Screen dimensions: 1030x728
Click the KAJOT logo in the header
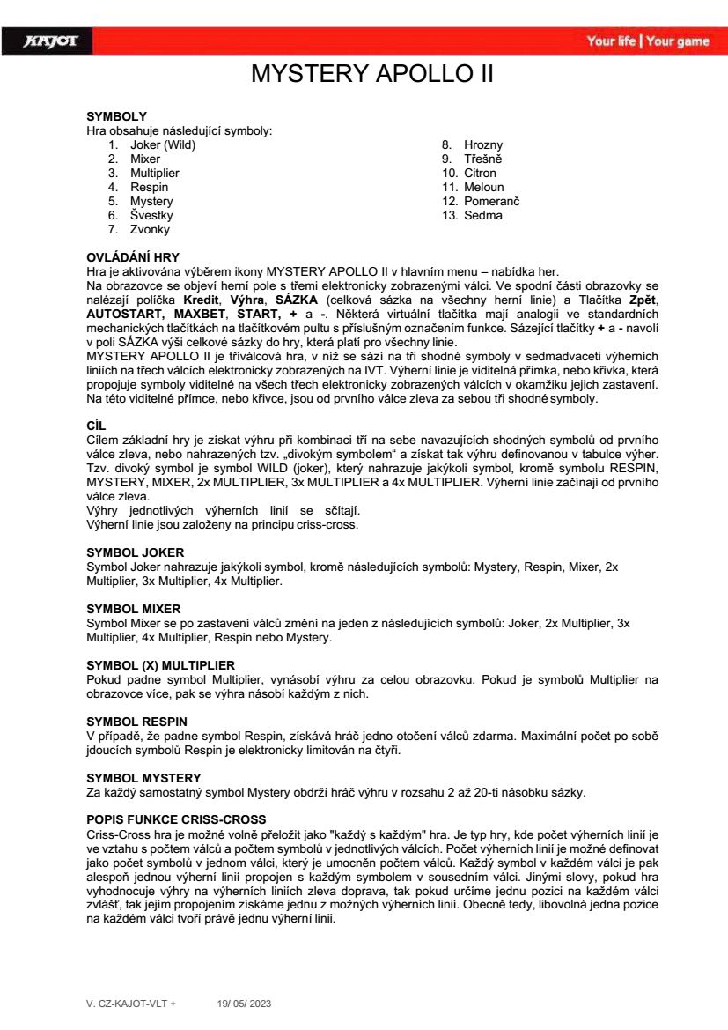(51, 41)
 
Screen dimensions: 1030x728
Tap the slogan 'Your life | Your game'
(648, 41)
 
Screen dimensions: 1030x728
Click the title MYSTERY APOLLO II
(372, 74)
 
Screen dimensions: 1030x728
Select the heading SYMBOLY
(116, 116)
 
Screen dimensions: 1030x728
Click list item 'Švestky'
(151, 215)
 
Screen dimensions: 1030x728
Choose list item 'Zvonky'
(150, 229)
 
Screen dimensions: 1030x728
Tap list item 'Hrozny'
(484, 144)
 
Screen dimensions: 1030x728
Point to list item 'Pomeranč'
(492, 201)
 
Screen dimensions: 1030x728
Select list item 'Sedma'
(483, 215)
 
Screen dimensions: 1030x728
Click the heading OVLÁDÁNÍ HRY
(133, 256)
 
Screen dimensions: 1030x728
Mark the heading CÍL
(96, 425)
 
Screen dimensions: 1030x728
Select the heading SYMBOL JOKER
(135, 552)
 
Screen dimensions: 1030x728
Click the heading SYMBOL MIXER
(133, 609)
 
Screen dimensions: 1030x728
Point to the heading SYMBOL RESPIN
(136, 722)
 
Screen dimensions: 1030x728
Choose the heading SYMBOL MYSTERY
(143, 778)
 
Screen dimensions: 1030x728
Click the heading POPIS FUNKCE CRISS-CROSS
(176, 820)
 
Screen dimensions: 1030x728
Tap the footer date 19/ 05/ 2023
(244, 1003)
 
